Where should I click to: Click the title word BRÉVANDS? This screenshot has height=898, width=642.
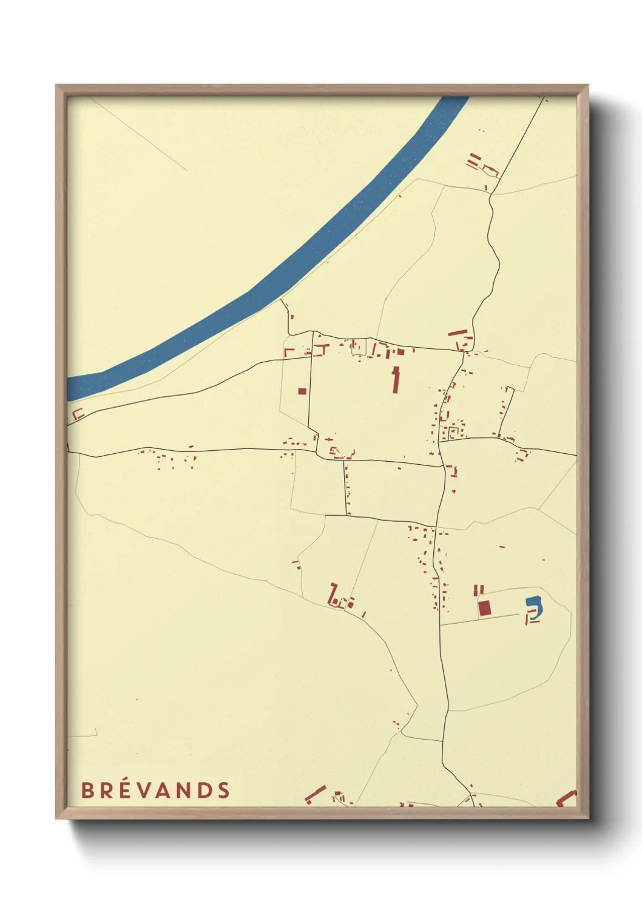pyautogui.click(x=155, y=790)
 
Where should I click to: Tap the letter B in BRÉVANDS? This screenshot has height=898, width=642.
pyautogui.click(x=87, y=790)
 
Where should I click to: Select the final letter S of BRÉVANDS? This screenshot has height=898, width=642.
pyautogui.click(x=224, y=790)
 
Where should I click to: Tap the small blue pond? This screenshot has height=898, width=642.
pyautogui.click(x=534, y=604)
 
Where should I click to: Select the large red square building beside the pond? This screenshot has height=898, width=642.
pyautogui.click(x=484, y=608)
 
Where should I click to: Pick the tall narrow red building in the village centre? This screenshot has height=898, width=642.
pyautogui.click(x=396, y=380)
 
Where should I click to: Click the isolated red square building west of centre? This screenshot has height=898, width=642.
pyautogui.click(x=302, y=391)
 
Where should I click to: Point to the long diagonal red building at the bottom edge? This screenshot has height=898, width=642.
pyautogui.click(x=315, y=794)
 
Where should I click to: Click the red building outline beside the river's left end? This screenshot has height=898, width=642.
pyautogui.click(x=78, y=414)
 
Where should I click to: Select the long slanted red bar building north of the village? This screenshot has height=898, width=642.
pyautogui.click(x=458, y=333)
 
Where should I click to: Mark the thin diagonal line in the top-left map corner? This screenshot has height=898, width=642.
pyautogui.click(x=140, y=133)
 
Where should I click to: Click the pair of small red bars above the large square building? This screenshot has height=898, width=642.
pyautogui.click(x=479, y=589)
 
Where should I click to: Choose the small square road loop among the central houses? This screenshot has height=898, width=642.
pyautogui.click(x=453, y=433)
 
